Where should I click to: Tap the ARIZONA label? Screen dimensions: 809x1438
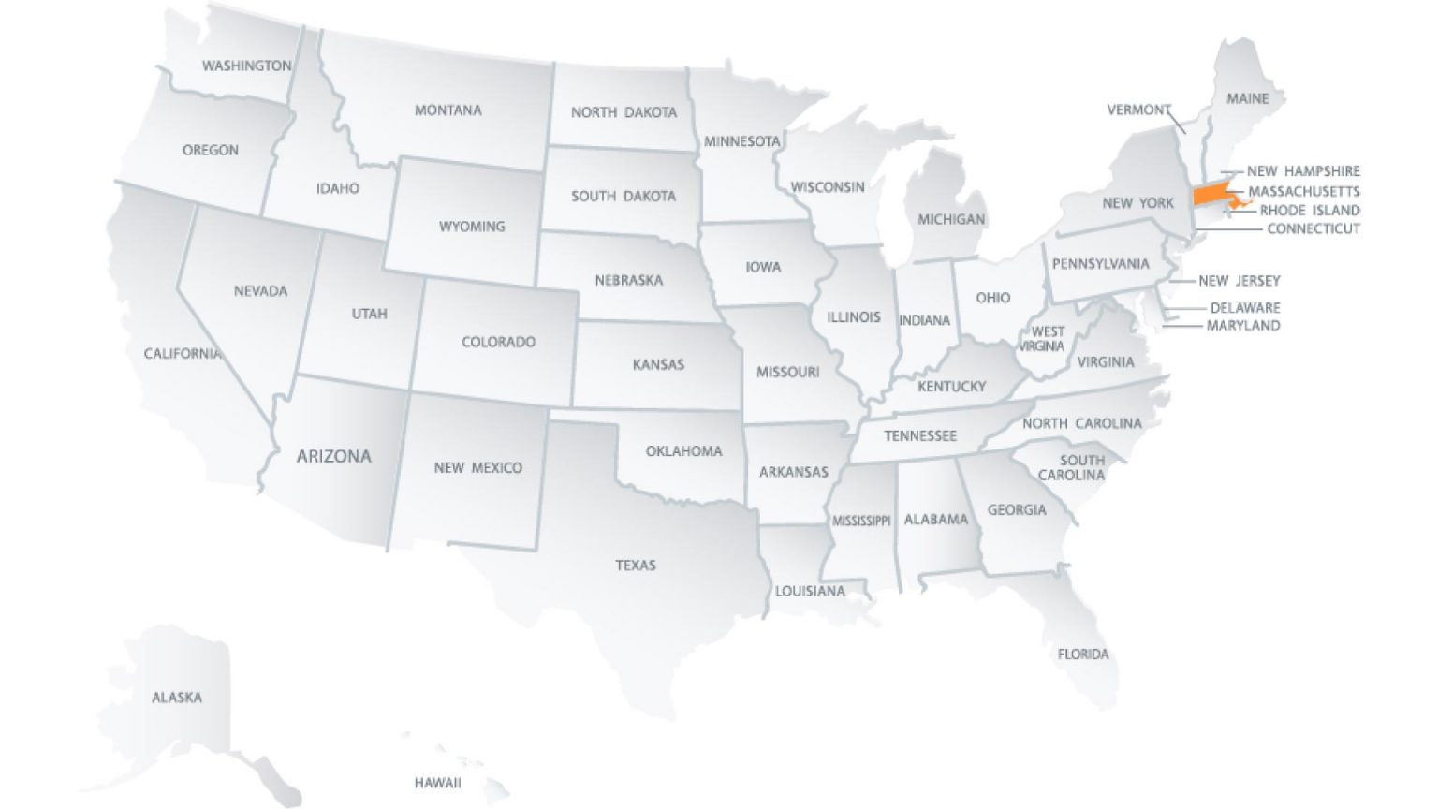point(334,457)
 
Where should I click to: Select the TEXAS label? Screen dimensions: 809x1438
point(636,566)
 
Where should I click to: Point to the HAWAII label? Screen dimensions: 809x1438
point(437,783)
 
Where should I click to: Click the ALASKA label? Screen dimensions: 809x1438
point(177,698)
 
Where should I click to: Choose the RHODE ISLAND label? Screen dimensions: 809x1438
point(1309,211)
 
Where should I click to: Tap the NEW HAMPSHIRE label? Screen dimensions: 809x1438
point(1303,171)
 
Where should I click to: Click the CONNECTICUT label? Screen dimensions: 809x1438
point(1313,228)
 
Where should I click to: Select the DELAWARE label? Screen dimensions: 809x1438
point(1244,308)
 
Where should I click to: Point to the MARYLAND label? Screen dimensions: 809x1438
point(1242,326)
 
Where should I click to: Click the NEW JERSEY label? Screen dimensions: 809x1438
point(1239,281)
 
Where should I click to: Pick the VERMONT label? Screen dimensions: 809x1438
point(1138,110)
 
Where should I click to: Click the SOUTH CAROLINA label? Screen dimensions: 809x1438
point(1075,467)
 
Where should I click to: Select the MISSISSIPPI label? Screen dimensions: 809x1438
point(861,521)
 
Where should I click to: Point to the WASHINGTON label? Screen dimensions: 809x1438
point(246,66)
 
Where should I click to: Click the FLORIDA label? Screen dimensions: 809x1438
point(1083,655)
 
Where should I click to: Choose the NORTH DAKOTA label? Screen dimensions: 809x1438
point(624,112)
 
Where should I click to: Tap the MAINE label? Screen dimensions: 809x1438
point(1248,98)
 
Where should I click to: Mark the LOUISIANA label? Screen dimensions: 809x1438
point(810,592)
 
